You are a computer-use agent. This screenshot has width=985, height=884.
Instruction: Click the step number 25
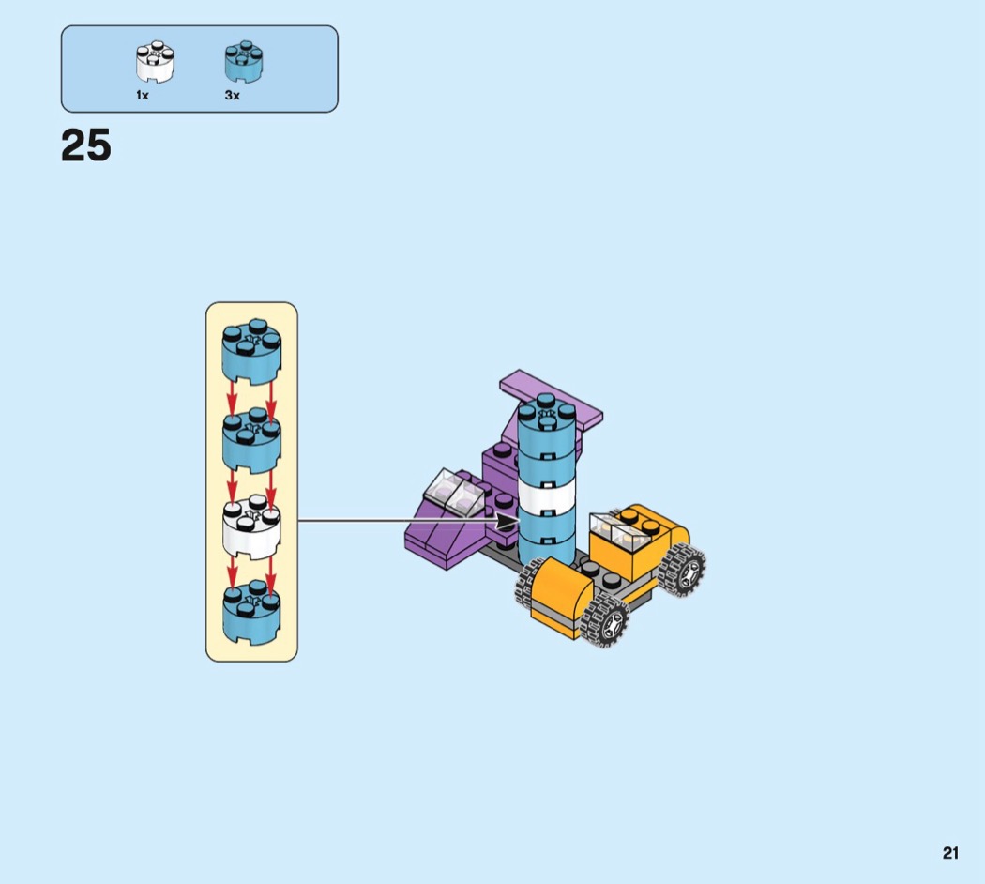click(x=86, y=145)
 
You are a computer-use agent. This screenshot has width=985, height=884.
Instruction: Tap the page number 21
click(x=950, y=853)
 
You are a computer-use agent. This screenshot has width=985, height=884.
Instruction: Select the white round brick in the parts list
click(x=155, y=62)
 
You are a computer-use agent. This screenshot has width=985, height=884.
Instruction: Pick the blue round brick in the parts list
click(x=244, y=62)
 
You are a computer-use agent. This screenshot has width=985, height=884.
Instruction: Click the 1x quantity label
click(x=143, y=96)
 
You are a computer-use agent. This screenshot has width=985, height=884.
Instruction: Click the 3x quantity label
click(x=233, y=96)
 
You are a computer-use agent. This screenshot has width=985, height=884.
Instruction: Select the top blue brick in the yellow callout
click(x=252, y=352)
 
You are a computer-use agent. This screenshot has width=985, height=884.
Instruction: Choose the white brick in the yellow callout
click(x=252, y=526)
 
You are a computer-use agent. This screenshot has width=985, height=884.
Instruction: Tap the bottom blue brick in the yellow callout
click(x=252, y=612)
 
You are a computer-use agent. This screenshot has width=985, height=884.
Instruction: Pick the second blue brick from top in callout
click(x=252, y=440)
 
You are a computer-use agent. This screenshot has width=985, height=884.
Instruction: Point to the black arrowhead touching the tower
click(x=508, y=520)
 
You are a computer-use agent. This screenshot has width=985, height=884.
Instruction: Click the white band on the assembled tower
click(x=547, y=495)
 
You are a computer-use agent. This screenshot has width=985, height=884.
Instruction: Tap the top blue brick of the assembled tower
click(x=547, y=420)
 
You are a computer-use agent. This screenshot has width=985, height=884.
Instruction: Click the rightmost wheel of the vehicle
click(x=683, y=570)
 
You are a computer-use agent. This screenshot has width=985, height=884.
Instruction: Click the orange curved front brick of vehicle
click(x=561, y=597)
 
